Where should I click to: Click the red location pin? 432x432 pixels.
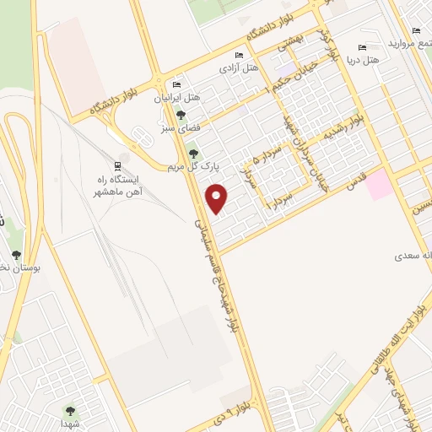(219, 197)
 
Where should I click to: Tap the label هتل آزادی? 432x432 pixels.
(240, 67)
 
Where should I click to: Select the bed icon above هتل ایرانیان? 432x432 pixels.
(176, 85)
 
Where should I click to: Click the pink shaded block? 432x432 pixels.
(378, 184)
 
